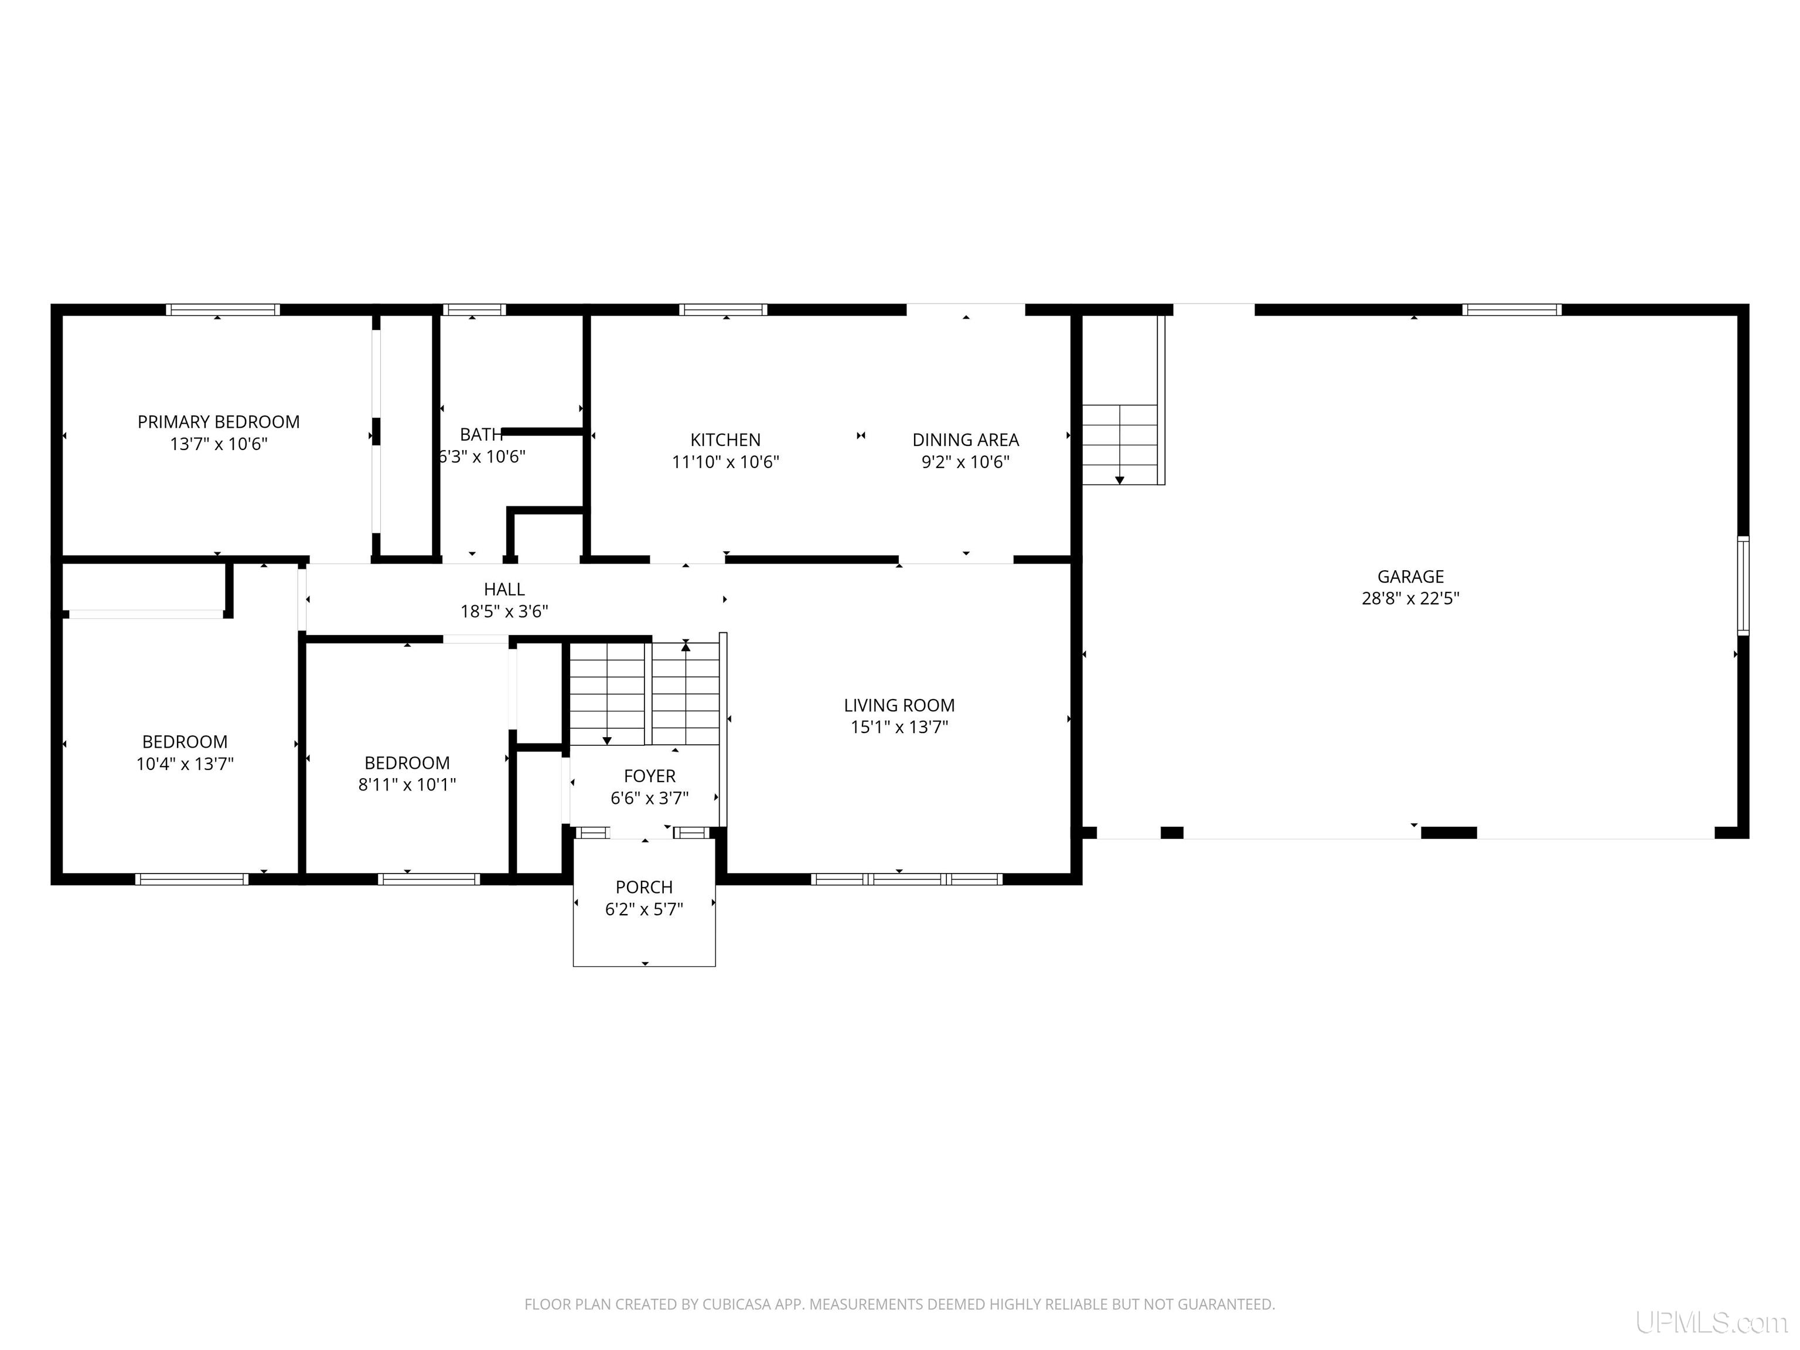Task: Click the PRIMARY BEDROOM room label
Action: pyautogui.click(x=218, y=421)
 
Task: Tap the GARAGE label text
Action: pyautogui.click(x=1410, y=576)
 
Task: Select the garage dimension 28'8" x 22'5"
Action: pyautogui.click(x=1410, y=598)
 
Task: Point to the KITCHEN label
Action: pyautogui.click(x=725, y=439)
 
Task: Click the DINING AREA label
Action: pyautogui.click(x=965, y=439)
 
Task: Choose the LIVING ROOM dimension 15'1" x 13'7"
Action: pyautogui.click(x=899, y=727)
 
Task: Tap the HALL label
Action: pyautogui.click(x=504, y=589)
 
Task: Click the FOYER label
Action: pyautogui.click(x=649, y=776)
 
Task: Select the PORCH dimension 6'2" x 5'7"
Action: pyautogui.click(x=644, y=909)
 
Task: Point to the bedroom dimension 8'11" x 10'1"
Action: pyautogui.click(x=407, y=785)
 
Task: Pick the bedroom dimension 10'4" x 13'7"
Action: pyautogui.click(x=185, y=763)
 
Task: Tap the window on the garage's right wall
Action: pyautogui.click(x=1743, y=585)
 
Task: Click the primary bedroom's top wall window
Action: pyautogui.click(x=223, y=309)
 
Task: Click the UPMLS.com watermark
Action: pyautogui.click(x=1712, y=1322)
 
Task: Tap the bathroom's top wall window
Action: pyautogui.click(x=473, y=309)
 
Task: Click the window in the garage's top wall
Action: pyautogui.click(x=1511, y=309)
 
